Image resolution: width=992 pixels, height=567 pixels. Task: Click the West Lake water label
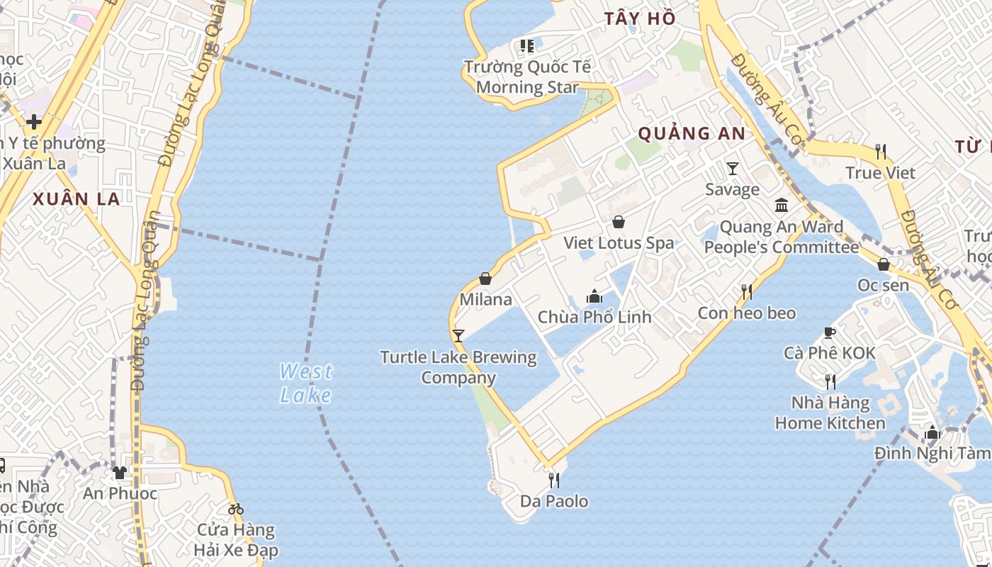(305, 383)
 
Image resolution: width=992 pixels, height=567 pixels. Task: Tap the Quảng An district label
(692, 133)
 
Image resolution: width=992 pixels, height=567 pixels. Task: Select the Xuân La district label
(77, 199)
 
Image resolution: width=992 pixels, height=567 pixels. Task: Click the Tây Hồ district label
(640, 19)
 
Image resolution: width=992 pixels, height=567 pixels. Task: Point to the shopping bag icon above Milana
(485, 279)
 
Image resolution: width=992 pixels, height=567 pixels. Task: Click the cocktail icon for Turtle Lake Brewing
(458, 335)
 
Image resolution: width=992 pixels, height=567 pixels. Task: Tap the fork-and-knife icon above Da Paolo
(554, 480)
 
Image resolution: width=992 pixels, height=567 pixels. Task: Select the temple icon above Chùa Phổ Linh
(594, 296)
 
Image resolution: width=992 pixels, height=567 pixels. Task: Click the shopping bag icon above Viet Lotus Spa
(619, 222)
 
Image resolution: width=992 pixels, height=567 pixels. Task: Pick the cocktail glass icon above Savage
(733, 168)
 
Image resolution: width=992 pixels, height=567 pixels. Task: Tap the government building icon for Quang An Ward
(782, 206)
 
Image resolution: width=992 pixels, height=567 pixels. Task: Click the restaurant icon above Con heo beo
(746, 291)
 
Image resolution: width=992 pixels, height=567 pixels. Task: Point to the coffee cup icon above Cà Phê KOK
(830, 332)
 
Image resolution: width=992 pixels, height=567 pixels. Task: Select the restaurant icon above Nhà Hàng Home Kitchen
(830, 381)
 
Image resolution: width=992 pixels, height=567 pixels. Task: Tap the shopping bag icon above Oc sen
(884, 264)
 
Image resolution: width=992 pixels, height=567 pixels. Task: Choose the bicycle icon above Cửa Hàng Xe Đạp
(236, 508)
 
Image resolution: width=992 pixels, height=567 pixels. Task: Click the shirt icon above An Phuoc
(119, 472)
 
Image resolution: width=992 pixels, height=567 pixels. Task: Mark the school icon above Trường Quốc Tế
(526, 46)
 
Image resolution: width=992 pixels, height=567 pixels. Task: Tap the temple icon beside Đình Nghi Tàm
(932, 432)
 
